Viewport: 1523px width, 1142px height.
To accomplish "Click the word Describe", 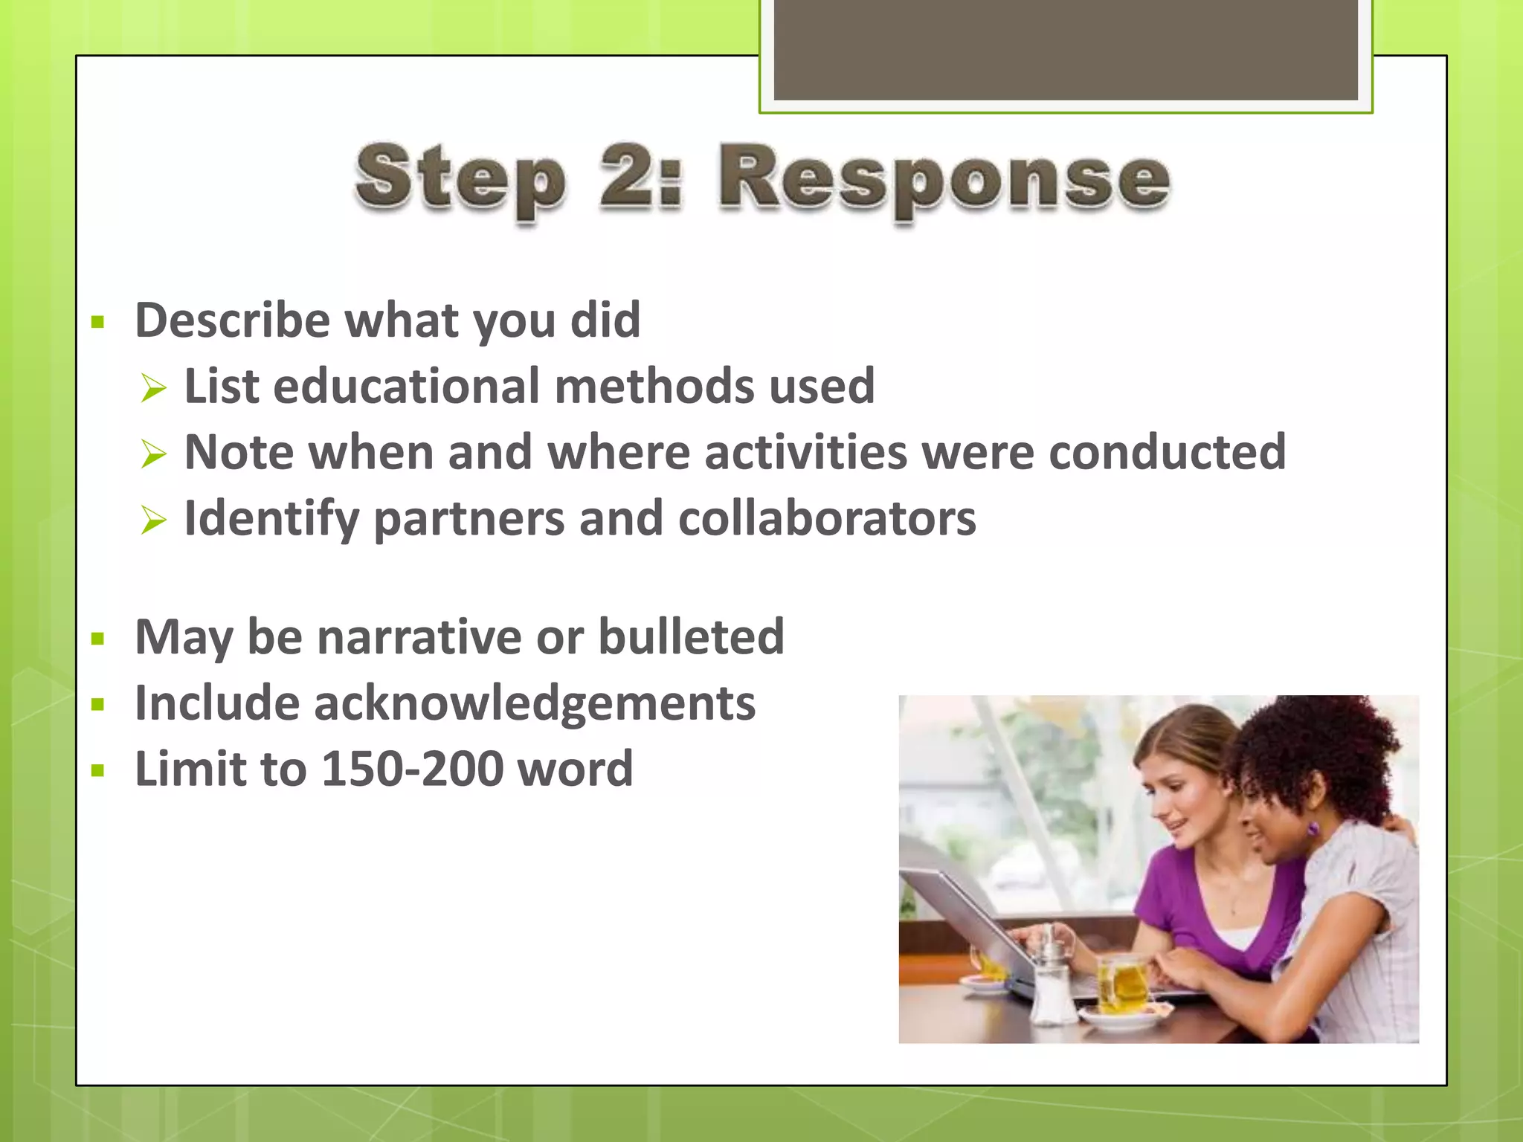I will pos(232,320).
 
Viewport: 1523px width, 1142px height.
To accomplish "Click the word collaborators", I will pos(826,518).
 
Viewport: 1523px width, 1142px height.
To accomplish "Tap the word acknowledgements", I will pos(534,703).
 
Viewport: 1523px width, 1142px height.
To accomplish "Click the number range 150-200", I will pos(412,769).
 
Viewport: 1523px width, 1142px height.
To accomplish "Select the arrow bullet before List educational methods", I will pos(153,388).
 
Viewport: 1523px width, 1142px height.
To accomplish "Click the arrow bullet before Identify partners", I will pos(153,520).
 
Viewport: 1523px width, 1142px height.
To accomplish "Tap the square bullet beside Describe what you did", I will pos(97,323).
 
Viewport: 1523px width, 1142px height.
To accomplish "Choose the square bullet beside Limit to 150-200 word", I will pos(97,771).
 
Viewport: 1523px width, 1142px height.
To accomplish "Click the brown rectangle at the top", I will pos(1065,49).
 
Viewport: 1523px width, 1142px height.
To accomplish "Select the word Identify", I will pos(271,518).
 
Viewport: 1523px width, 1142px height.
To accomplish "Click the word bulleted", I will pos(691,637).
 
